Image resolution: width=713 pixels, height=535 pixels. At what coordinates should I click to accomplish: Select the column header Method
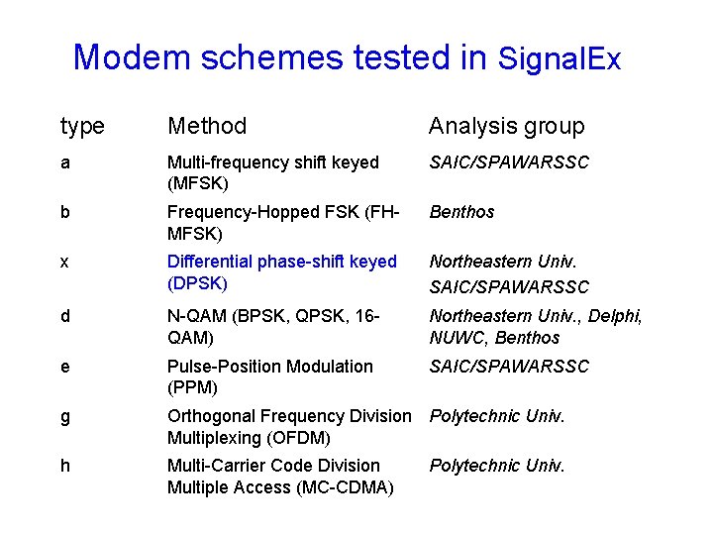207,126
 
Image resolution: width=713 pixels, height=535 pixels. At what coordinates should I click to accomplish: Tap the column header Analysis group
506,126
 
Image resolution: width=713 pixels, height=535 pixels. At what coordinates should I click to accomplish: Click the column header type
82,126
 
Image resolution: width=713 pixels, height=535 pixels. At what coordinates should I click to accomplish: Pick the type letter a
65,162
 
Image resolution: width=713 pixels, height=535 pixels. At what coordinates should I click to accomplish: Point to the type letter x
65,262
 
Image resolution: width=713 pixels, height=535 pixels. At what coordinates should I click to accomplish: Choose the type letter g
65,417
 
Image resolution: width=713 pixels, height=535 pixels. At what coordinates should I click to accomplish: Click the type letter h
65,466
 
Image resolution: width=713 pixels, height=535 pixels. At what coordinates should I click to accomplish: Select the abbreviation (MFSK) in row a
198,184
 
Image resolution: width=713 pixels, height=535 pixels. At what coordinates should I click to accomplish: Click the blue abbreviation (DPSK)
197,283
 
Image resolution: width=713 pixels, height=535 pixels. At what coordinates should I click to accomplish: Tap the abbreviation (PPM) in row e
192,387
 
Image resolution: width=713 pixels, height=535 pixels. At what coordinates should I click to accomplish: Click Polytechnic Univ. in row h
497,466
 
